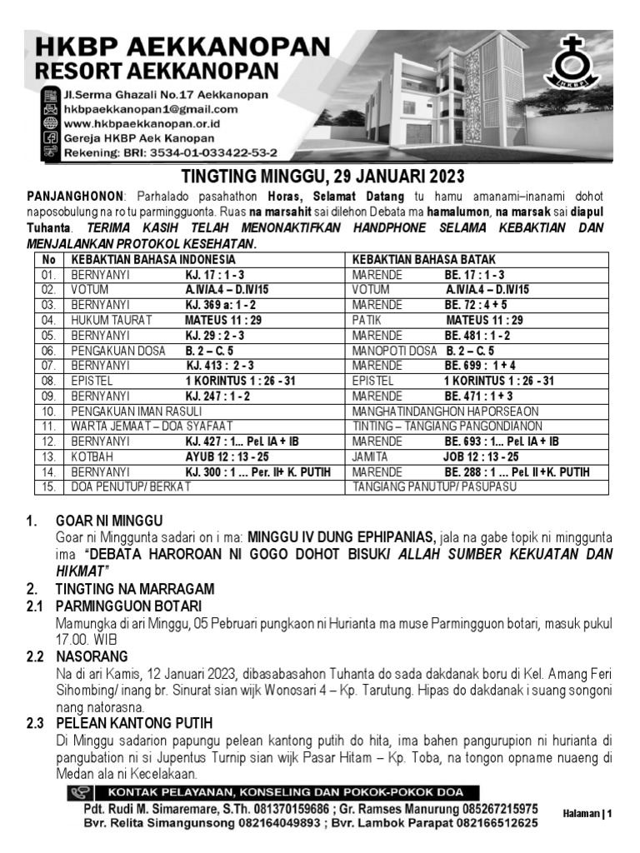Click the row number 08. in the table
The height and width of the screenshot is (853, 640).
coord(49,381)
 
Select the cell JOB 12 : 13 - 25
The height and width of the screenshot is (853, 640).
coord(481,456)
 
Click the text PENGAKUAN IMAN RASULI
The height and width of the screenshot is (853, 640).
coord(136,412)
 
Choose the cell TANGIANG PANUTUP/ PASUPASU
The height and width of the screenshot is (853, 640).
coord(434,486)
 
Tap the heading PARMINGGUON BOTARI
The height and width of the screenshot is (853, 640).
coord(128,606)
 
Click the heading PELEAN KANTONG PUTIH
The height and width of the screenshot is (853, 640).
coord(134,722)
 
